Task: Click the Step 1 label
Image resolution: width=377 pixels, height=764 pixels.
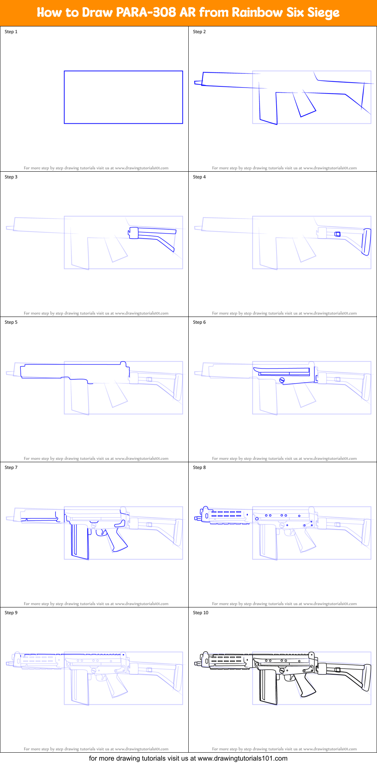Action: coord(11,32)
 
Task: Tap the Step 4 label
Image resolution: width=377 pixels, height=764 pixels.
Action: coord(199,177)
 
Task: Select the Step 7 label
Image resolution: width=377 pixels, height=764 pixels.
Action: coord(11,467)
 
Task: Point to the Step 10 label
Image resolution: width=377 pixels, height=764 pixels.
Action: coord(200,613)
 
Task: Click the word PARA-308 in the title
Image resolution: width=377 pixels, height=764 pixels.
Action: coord(146,12)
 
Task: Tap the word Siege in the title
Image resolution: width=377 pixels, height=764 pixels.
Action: coord(323,12)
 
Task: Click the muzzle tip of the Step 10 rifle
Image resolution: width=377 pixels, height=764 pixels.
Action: coord(196,663)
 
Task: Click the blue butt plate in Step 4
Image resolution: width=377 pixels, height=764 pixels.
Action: coord(366,242)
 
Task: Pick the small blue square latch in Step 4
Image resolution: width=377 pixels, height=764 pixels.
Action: coord(337,234)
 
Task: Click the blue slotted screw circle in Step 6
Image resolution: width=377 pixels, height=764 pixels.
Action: coord(282,380)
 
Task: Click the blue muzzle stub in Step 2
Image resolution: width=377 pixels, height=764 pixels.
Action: coord(198,82)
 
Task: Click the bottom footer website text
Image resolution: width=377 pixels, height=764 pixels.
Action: coord(188,758)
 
